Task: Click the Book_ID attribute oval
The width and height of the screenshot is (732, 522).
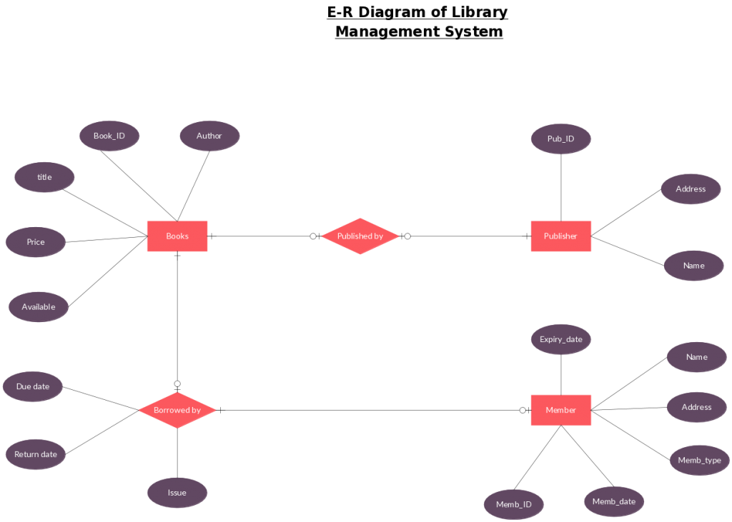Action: pyautogui.click(x=109, y=136)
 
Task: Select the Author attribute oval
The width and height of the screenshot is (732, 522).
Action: pyautogui.click(x=209, y=136)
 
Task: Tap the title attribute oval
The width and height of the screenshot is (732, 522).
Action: pyautogui.click(x=44, y=177)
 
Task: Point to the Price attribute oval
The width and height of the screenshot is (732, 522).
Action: pyautogui.click(x=36, y=242)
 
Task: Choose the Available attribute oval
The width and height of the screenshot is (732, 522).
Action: pyautogui.click(x=39, y=307)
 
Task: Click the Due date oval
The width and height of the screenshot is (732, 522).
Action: pyautogui.click(x=33, y=386)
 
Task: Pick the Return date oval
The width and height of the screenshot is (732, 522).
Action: pyautogui.click(x=36, y=454)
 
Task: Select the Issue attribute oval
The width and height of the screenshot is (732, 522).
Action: pyautogui.click(x=177, y=493)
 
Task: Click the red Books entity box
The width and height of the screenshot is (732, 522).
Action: pyautogui.click(x=177, y=236)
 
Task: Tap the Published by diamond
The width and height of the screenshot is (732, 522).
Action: pyautogui.click(x=360, y=236)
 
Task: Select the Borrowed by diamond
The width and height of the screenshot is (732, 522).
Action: pyautogui.click(x=177, y=410)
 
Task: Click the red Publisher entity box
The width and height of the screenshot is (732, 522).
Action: pyautogui.click(x=560, y=236)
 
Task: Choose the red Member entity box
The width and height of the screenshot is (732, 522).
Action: pyautogui.click(x=560, y=410)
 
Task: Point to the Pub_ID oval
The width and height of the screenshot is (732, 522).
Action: pyautogui.click(x=560, y=139)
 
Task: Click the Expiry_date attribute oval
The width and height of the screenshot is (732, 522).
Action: pyautogui.click(x=560, y=339)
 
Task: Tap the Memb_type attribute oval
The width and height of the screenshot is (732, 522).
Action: pyautogui.click(x=699, y=461)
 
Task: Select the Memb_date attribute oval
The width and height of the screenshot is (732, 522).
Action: pyautogui.click(x=614, y=501)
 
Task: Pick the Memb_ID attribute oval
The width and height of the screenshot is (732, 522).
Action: pyautogui.click(x=514, y=504)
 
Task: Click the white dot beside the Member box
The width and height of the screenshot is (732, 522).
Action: pyautogui.click(x=523, y=410)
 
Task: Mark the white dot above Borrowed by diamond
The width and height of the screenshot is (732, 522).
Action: pyautogui.click(x=177, y=383)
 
